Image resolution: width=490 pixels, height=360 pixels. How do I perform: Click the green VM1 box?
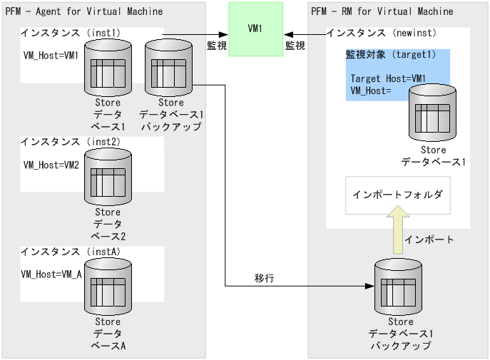[255, 29]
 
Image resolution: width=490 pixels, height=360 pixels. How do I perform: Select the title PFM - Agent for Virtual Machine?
[84, 11]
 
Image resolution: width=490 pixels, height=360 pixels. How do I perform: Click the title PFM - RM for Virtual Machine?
[382, 11]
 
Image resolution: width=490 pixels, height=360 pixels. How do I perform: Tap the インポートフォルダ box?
[398, 195]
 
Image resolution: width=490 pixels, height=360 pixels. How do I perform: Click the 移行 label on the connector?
[265, 277]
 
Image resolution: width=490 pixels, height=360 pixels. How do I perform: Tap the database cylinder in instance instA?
[108, 287]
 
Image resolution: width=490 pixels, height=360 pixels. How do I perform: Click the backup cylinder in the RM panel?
[399, 287]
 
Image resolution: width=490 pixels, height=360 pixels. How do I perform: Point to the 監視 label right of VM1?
[295, 46]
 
